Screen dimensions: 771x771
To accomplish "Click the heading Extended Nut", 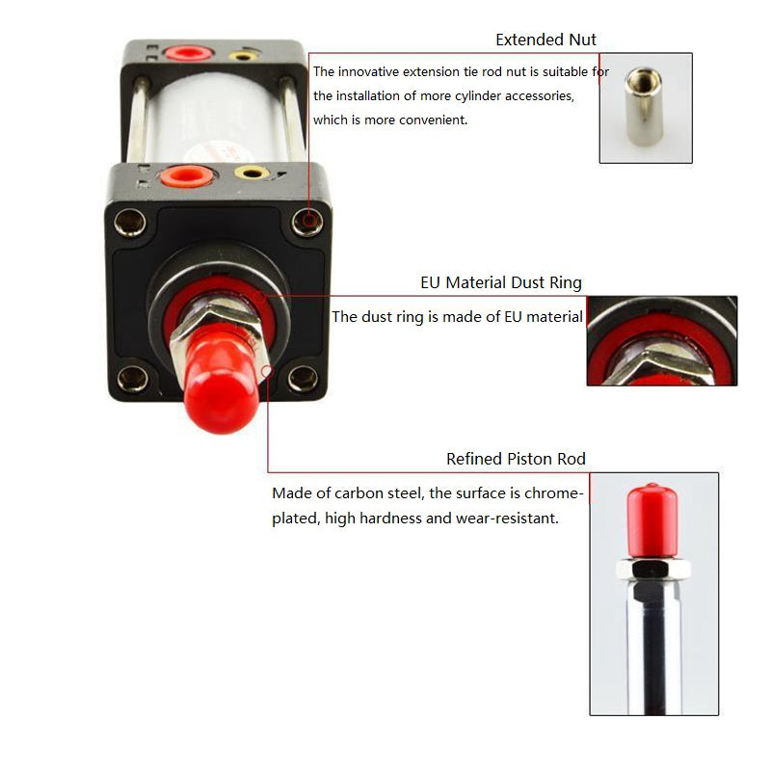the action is [x=545, y=40].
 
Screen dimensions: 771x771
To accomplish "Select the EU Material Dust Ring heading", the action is [x=501, y=282].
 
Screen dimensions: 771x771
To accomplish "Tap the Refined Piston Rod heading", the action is [x=516, y=459].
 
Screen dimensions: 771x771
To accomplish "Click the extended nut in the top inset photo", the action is [x=643, y=106].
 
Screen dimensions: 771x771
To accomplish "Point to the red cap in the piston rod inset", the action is [x=652, y=521].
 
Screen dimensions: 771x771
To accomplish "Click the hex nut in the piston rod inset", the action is [x=653, y=569].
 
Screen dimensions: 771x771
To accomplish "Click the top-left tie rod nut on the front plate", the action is [x=130, y=223].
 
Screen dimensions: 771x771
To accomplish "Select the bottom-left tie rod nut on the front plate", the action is [x=133, y=379].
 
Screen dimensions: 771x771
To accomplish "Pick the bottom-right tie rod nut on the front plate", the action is [x=303, y=379].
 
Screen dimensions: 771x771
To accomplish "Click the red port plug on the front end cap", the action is [x=185, y=176].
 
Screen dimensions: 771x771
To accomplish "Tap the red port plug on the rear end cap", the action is [x=188, y=52].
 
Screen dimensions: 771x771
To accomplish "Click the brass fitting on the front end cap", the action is [x=252, y=173].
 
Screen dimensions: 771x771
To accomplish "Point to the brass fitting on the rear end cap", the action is [x=244, y=56].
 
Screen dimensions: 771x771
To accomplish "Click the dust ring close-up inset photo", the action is [x=662, y=341].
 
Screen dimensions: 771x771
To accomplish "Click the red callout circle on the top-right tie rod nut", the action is [x=309, y=220].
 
